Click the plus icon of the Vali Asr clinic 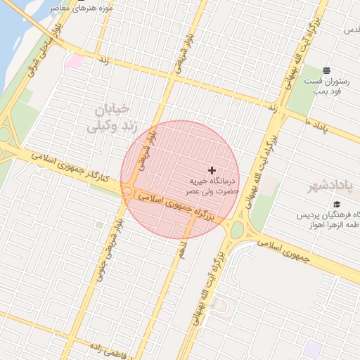click(x=212, y=170)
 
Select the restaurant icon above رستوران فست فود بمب click(x=326, y=70)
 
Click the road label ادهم click(x=183, y=248)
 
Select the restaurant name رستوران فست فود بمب click(x=322, y=87)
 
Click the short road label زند click(x=103, y=62)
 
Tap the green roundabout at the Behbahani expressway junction click(x=237, y=229)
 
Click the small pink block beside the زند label click(x=75, y=62)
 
